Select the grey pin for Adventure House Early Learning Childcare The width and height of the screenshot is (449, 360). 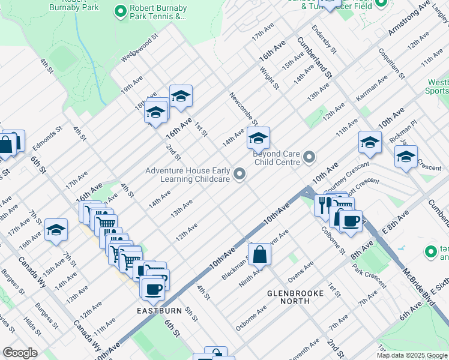(240, 175)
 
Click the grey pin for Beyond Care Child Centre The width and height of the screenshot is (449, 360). (309, 157)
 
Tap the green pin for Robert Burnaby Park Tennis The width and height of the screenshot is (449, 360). (121, 10)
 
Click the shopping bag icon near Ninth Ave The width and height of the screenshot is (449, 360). (260, 254)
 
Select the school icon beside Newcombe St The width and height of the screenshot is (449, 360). (258, 139)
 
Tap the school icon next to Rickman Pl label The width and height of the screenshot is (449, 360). (406, 157)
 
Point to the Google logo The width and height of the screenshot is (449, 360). (20, 353)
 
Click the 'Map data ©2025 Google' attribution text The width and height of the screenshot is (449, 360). (411, 355)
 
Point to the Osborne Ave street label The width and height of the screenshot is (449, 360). (251, 313)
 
